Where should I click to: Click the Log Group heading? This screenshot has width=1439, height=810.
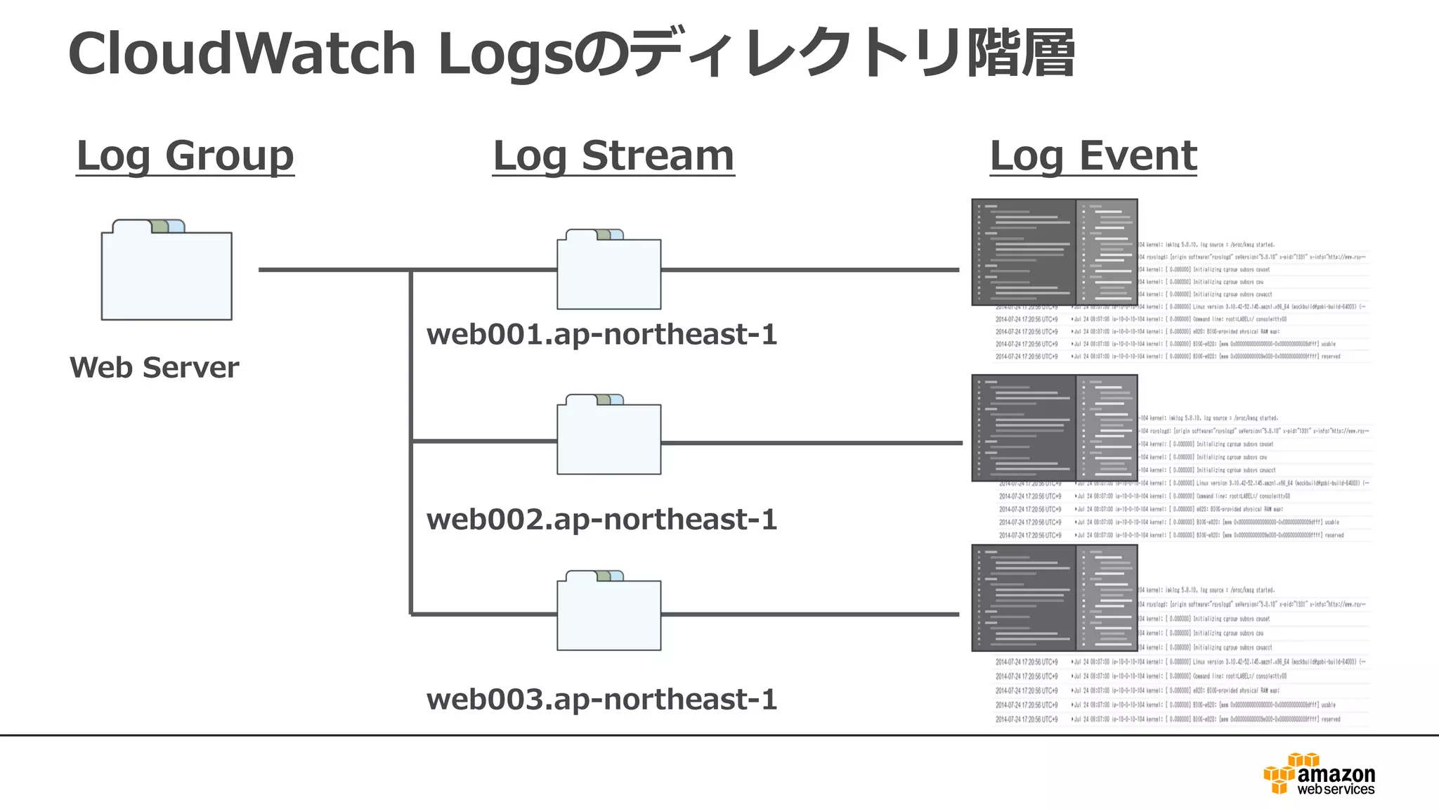(185, 155)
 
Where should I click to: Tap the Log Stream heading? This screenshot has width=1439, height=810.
(613, 155)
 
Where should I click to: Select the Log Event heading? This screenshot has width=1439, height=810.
(1093, 155)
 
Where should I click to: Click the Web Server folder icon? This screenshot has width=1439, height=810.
(167, 274)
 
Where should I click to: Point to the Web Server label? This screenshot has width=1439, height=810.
(154, 368)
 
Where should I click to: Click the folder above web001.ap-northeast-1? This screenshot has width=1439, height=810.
(608, 273)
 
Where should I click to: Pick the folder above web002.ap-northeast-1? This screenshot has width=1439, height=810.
(608, 437)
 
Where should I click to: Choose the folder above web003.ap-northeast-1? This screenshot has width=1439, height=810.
(608, 613)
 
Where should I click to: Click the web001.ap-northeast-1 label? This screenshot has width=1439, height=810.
(601, 335)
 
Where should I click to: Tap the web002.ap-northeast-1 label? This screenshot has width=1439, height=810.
(601, 520)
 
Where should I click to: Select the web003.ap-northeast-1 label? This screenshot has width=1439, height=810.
(601, 700)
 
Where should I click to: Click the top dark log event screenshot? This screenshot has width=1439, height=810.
(1054, 252)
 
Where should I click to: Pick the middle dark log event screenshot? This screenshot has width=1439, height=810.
(1054, 427)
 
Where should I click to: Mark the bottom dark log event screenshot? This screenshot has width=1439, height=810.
(1054, 598)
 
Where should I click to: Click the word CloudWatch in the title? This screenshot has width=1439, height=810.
(242, 54)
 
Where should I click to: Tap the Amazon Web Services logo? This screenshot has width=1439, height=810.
(1320, 775)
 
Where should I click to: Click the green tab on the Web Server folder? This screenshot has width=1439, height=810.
(159, 226)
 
